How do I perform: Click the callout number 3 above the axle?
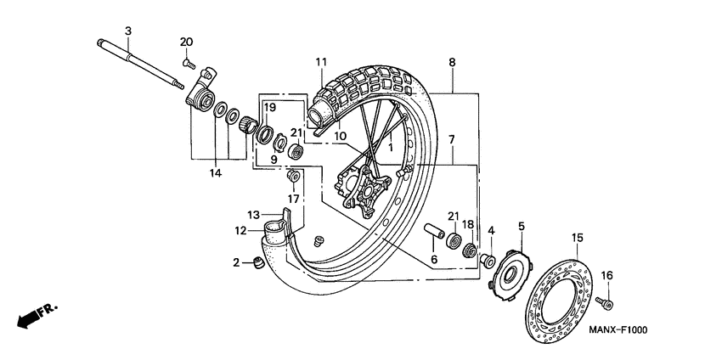127,31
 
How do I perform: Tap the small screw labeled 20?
189,62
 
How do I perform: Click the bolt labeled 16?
606,301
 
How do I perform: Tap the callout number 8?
452,62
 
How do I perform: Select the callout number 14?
216,172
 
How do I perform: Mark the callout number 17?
293,200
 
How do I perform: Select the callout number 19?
269,107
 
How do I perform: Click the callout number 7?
452,138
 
